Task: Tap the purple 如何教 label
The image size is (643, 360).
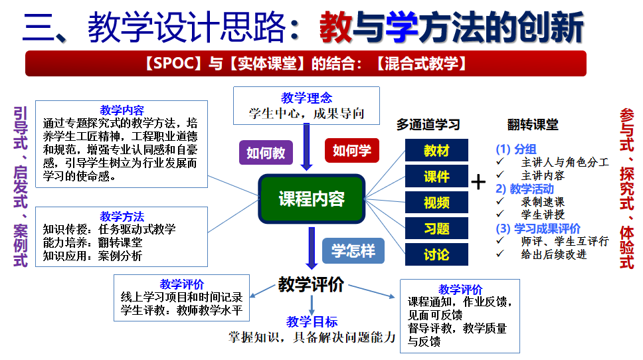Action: (x=266, y=153)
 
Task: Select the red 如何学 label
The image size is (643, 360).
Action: (x=351, y=150)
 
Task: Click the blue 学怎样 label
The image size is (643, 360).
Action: (x=353, y=251)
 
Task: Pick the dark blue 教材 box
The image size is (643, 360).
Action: (x=436, y=151)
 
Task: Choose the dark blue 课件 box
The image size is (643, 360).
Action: (x=436, y=177)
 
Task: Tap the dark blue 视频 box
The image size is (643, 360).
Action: (x=436, y=203)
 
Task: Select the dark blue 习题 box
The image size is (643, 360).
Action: (x=436, y=228)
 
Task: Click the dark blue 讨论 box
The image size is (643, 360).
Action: (x=436, y=254)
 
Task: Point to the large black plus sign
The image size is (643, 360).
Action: (x=478, y=181)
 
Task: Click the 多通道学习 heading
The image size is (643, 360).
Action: (x=428, y=124)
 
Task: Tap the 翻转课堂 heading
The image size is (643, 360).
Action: (x=533, y=124)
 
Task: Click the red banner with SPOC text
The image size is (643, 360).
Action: (x=306, y=64)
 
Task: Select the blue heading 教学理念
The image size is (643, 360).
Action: (x=306, y=98)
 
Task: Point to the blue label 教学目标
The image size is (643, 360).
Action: (x=312, y=322)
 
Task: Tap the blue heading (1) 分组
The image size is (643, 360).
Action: (x=516, y=149)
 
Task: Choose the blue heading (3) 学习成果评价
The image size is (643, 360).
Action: (x=538, y=228)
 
